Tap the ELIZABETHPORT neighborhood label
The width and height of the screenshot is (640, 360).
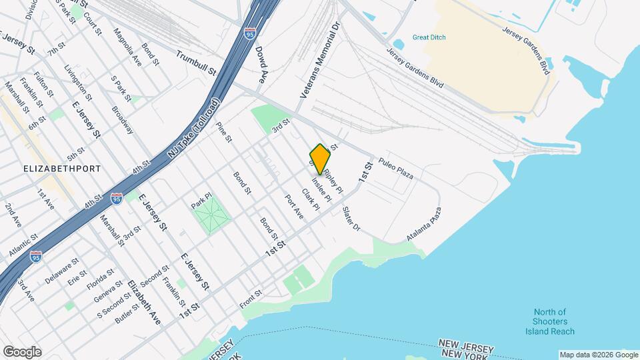tap(62, 169)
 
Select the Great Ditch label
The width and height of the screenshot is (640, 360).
tap(429, 37)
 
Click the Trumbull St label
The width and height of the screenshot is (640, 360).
tap(197, 62)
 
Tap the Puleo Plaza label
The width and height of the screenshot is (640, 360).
tap(396, 169)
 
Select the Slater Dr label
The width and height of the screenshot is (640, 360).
tap(351, 219)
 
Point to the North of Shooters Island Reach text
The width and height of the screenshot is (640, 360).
tap(551, 322)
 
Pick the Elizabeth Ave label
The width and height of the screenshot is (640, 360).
tap(145, 301)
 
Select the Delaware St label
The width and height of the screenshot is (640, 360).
tap(62, 267)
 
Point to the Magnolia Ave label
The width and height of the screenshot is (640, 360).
tap(127, 46)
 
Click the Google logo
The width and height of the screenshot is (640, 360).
tap(22, 352)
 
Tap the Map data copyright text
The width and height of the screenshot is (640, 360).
tap(597, 355)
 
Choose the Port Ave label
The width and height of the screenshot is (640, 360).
tap(294, 207)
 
